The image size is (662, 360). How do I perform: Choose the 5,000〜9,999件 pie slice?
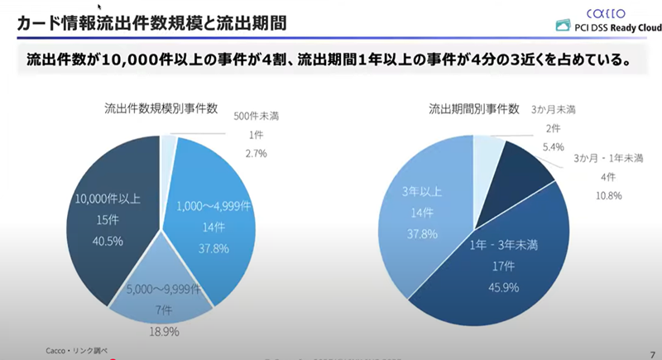(x=165, y=294)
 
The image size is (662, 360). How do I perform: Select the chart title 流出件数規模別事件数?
(x=161, y=108)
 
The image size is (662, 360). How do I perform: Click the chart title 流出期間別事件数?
(x=473, y=108)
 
